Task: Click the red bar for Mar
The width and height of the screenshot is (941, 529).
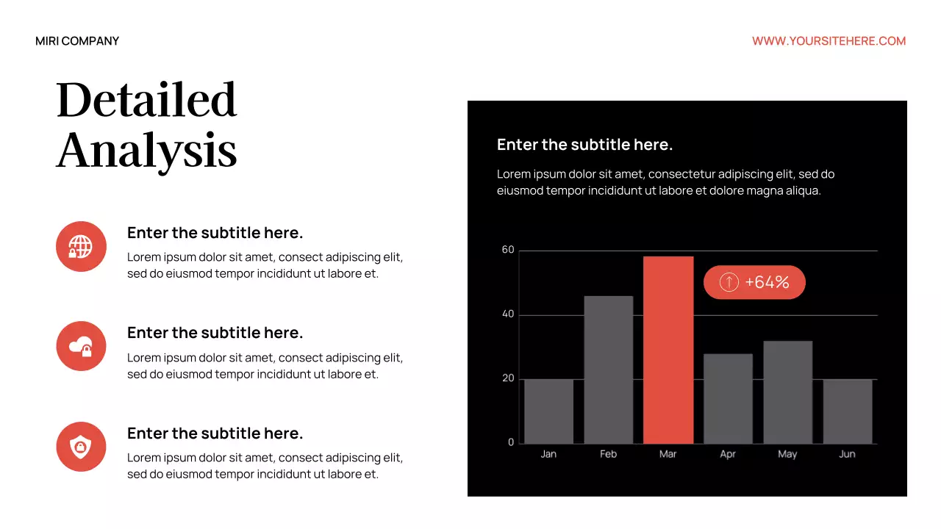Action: pyautogui.click(x=668, y=350)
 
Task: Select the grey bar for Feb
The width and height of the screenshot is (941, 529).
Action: pyautogui.click(x=609, y=370)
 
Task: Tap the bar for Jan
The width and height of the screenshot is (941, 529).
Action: pyautogui.click(x=548, y=411)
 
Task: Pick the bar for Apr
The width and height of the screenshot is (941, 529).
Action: pyautogui.click(x=728, y=398)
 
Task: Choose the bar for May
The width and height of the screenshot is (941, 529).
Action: pyautogui.click(x=787, y=392)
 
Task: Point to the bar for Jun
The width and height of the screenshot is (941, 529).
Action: pyautogui.click(x=848, y=411)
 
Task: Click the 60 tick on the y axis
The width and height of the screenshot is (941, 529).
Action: pyautogui.click(x=508, y=250)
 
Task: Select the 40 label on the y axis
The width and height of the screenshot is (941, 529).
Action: pyautogui.click(x=508, y=314)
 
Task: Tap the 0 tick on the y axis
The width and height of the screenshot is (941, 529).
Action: pyautogui.click(x=511, y=442)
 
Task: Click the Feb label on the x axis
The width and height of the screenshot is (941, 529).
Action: pyautogui.click(x=608, y=454)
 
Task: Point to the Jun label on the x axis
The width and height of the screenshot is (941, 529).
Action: pyautogui.click(x=847, y=454)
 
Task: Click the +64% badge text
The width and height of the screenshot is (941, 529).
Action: pyautogui.click(x=767, y=282)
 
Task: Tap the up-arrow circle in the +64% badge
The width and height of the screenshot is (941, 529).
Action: pyautogui.click(x=729, y=282)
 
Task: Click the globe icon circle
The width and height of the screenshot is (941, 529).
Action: pyautogui.click(x=81, y=246)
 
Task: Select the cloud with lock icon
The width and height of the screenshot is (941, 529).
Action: pyautogui.click(x=81, y=346)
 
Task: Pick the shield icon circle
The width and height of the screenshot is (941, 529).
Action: pyautogui.click(x=81, y=447)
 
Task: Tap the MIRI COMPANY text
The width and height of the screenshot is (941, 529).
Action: pyautogui.click(x=77, y=41)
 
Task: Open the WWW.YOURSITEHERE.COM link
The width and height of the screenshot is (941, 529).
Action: pyautogui.click(x=829, y=41)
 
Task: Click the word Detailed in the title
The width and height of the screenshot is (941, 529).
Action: pyautogui.click(x=146, y=100)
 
